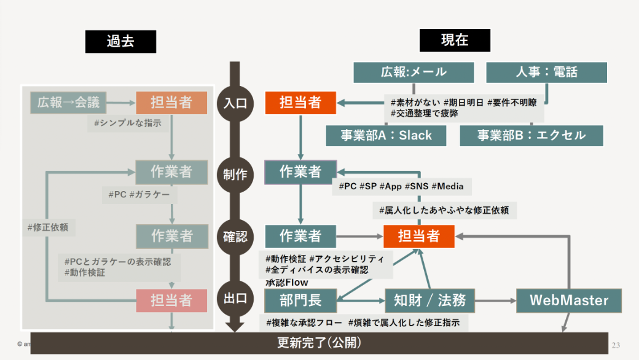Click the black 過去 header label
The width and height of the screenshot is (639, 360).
[x=120, y=41]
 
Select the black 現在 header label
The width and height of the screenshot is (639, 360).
[x=455, y=41]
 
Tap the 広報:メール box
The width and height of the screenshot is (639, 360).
[x=414, y=72]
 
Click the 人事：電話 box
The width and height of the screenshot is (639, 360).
[x=546, y=72]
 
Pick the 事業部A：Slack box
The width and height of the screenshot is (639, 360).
[x=386, y=136]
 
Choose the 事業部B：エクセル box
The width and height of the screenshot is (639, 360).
[x=531, y=136]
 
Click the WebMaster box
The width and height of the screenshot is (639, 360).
[x=568, y=300]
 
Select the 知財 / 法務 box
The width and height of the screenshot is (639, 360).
[x=430, y=300]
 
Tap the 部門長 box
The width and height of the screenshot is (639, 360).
[x=301, y=300]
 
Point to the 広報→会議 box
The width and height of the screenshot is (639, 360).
[x=68, y=103]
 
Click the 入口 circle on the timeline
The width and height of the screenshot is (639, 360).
[x=234, y=103]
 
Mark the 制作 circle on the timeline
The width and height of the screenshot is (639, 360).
[x=234, y=174]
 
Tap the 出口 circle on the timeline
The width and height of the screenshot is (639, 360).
[x=234, y=300]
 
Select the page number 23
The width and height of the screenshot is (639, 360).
[x=616, y=344]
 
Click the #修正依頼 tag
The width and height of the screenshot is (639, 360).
[x=47, y=227]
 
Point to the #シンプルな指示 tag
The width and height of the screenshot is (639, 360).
[x=128, y=123]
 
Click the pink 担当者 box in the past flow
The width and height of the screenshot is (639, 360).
[x=171, y=300]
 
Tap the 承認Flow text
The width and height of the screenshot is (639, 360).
[x=287, y=283]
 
